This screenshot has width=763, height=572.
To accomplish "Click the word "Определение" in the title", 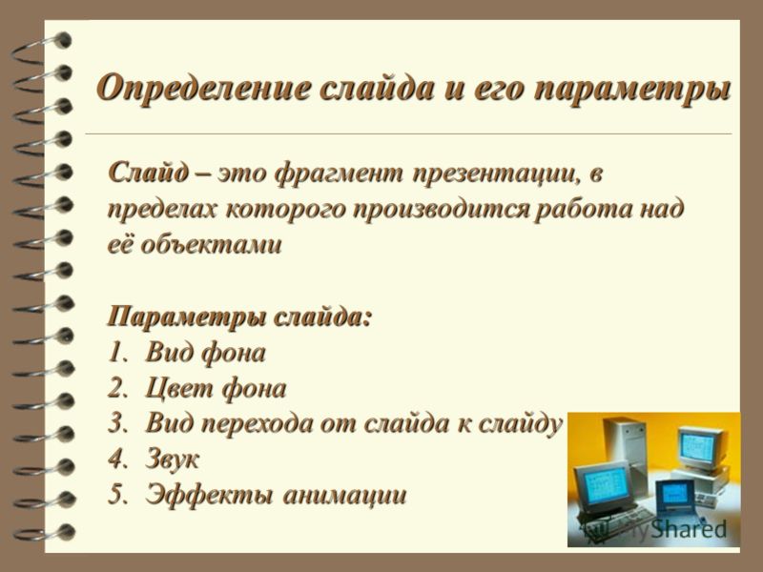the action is [x=203, y=89].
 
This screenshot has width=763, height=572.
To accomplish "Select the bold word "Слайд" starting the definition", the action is [x=149, y=173].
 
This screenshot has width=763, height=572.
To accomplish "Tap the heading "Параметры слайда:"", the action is [x=240, y=318].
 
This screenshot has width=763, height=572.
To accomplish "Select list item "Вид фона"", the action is [x=205, y=353].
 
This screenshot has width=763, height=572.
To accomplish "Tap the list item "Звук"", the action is [x=173, y=460].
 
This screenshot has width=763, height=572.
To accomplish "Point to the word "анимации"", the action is [x=344, y=496].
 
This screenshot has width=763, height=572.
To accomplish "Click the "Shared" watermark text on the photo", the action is [x=689, y=529].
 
